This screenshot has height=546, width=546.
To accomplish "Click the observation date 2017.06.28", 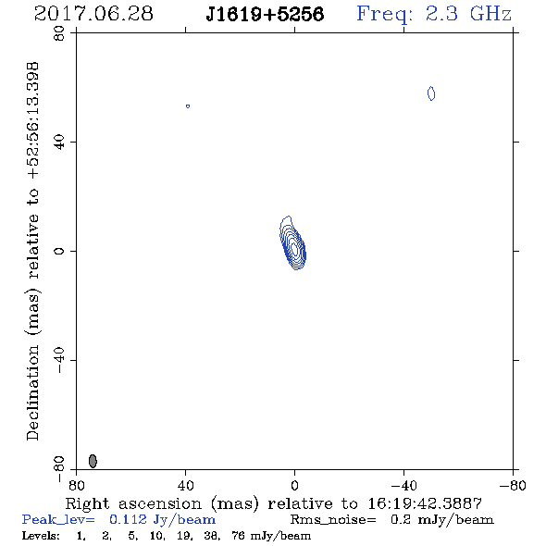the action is pyautogui.click(x=93, y=14).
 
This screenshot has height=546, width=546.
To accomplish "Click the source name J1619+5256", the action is pyautogui.click(x=265, y=15).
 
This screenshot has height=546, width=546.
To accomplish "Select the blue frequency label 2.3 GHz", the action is pyautogui.click(x=468, y=14).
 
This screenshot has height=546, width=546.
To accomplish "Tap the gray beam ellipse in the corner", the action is pyautogui.click(x=93, y=461).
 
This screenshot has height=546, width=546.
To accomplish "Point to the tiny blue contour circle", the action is pyautogui.click(x=188, y=106).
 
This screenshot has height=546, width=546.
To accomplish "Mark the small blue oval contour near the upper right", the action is pyautogui.click(x=431, y=93).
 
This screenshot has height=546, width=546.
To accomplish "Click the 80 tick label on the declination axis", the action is pyautogui.click(x=59, y=33).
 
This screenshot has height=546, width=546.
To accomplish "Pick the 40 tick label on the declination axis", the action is pyautogui.click(x=59, y=143).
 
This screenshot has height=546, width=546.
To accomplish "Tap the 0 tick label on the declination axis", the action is pyautogui.click(x=59, y=251).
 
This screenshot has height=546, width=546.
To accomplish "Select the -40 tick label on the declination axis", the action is pyautogui.click(x=59, y=360).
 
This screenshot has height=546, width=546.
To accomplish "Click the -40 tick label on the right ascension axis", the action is pyautogui.click(x=403, y=485).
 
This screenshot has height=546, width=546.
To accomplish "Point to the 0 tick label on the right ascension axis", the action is pyautogui.click(x=294, y=485).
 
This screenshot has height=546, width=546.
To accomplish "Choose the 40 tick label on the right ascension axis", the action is pyautogui.click(x=185, y=485).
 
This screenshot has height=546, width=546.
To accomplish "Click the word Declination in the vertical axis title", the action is pyautogui.click(x=32, y=393).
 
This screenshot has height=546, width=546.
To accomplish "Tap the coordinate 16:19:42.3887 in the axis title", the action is pyautogui.click(x=425, y=503).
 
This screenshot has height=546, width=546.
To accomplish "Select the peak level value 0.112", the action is pyautogui.click(x=128, y=520).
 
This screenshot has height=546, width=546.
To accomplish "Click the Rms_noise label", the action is pyautogui.click(x=333, y=520).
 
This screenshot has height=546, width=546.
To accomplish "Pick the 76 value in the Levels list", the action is pyautogui.click(x=238, y=536).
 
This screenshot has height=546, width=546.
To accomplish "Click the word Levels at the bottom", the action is pyautogui.click(x=41, y=536).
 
